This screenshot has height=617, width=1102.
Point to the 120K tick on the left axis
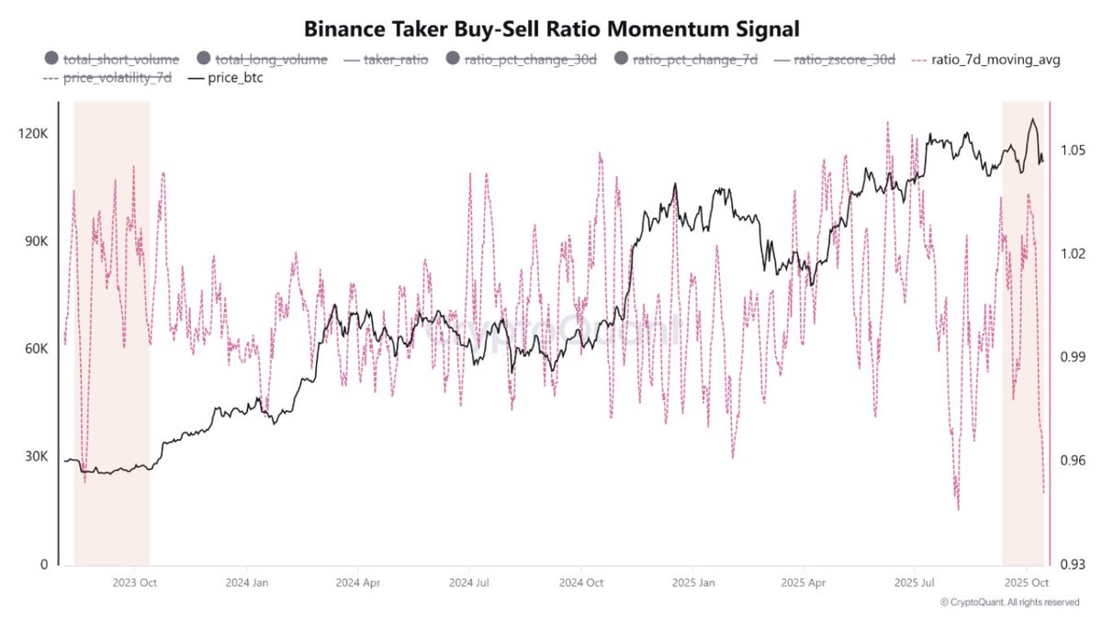pyautogui.click(x=33, y=134)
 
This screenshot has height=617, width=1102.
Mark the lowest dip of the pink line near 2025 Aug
pyautogui.click(x=958, y=509)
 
